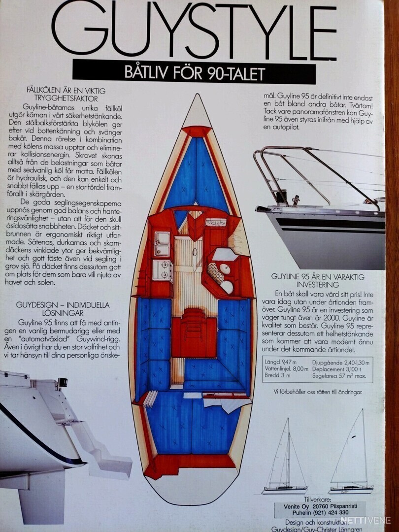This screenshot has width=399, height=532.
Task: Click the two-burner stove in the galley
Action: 162,270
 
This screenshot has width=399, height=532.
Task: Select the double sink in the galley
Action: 162,244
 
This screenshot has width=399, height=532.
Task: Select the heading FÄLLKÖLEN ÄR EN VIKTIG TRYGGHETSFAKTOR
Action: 66,94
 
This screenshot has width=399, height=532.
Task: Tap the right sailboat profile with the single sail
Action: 351,456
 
